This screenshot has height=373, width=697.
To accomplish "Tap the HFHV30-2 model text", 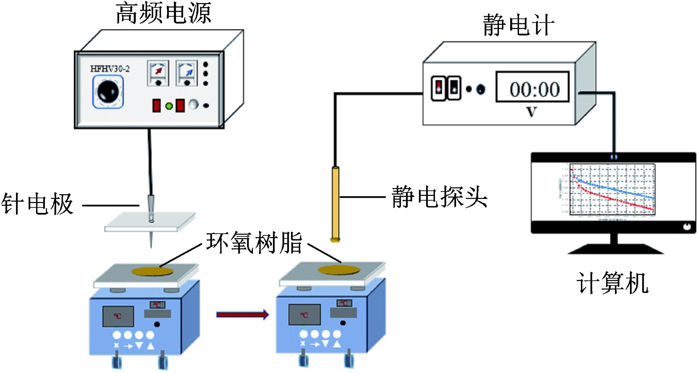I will coord(110,69).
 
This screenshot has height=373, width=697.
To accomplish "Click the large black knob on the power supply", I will coord(108,91).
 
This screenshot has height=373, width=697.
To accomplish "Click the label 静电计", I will coord(518,26).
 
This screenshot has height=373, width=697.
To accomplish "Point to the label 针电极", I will coord(37,204).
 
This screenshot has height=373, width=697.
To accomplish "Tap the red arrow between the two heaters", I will coord(242,314).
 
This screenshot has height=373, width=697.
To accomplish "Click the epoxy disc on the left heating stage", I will coord(153,271).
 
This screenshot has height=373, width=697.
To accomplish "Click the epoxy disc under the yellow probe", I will coord(339,270).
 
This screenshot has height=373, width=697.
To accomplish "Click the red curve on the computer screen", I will coord(617,200).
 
